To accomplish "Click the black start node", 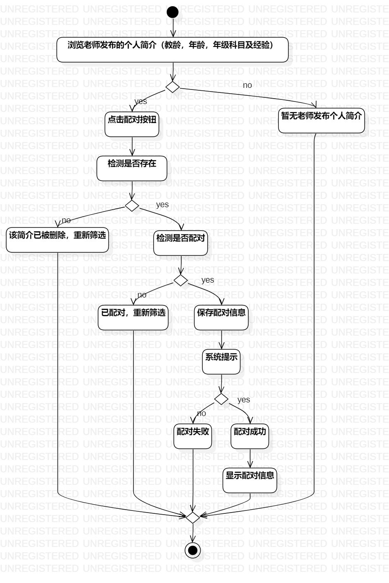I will [x=173, y=12].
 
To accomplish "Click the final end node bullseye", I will [x=192, y=550].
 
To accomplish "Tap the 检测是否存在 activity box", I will [x=132, y=168].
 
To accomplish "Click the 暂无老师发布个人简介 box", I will [x=322, y=121].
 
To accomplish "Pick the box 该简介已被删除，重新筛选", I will [x=58, y=240].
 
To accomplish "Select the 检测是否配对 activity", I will [x=180, y=243].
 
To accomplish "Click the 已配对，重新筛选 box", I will [x=133, y=317].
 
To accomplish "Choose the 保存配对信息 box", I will [x=221, y=317].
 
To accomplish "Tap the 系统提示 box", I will [x=221, y=361].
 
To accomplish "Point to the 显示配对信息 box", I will [x=250, y=480].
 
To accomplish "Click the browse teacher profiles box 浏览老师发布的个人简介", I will [x=173, y=50].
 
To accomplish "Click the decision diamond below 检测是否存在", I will [x=132, y=206].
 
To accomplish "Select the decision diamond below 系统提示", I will [x=221, y=399].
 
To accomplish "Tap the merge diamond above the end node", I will [x=193, y=517].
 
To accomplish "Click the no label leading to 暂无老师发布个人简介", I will [x=247, y=85].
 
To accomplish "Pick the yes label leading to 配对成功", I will [x=243, y=399].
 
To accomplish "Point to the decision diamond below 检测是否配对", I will [x=181, y=280].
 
